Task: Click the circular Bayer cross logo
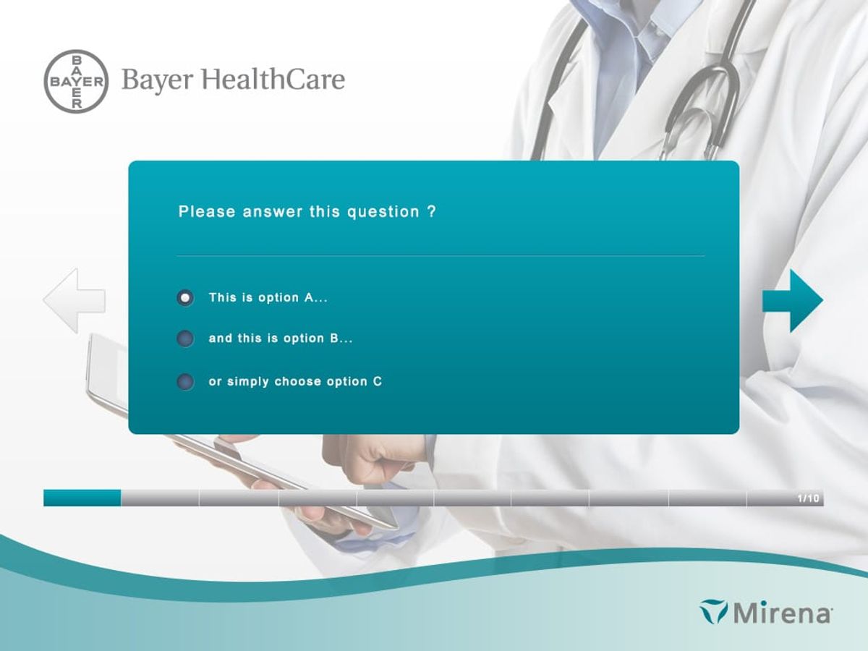pyautogui.click(x=76, y=81)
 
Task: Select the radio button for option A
pyautogui.click(x=185, y=297)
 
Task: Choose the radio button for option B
pyautogui.click(x=185, y=339)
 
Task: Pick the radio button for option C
pyautogui.click(x=185, y=382)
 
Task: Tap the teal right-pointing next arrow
pyautogui.click(x=793, y=300)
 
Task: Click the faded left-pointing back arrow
pyautogui.click(x=74, y=301)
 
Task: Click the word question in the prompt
pyautogui.click(x=383, y=212)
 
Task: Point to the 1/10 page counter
pyautogui.click(x=808, y=498)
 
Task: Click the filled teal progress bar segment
pyautogui.click(x=82, y=498)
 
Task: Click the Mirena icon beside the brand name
pyautogui.click(x=714, y=611)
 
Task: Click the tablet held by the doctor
pyautogui.click(x=109, y=369)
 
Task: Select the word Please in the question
pyautogui.click(x=207, y=212)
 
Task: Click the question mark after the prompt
pyautogui.click(x=431, y=212)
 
